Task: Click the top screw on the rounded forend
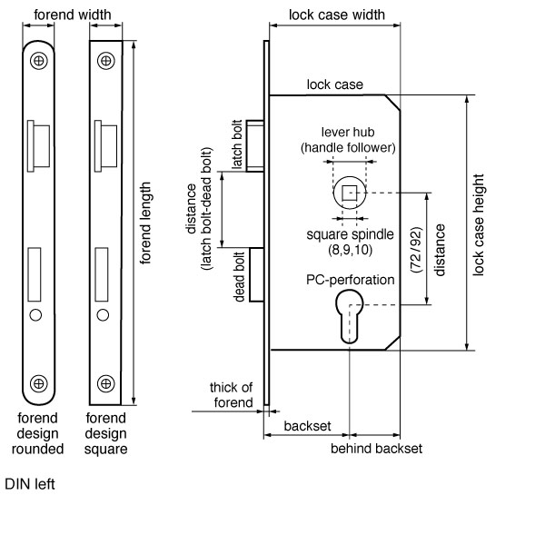39,61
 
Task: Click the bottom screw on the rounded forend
39,382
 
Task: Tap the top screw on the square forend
106,61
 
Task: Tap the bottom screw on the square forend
106,382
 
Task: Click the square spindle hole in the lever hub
349,192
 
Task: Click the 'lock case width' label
336,15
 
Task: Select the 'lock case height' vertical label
478,225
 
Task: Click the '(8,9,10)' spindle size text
349,248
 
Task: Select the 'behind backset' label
375,449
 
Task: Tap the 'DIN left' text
30,484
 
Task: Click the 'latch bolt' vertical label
237,144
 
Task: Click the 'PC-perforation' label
350,280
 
